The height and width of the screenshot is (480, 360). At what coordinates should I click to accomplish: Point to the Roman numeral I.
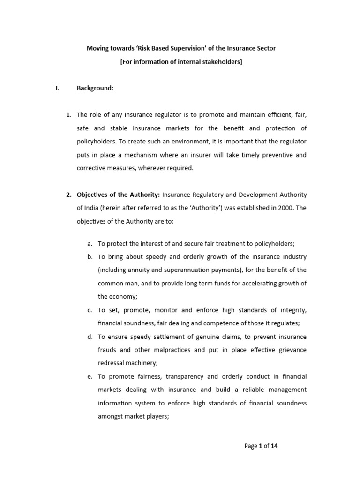tap(57, 88)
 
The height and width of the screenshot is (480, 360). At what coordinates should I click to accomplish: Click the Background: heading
tap(95, 88)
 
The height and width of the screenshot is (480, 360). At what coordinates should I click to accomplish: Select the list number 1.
tap(68, 115)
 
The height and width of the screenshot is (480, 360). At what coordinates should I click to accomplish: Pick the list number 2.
tap(68, 195)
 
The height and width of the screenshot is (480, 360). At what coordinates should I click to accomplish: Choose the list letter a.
tap(90, 244)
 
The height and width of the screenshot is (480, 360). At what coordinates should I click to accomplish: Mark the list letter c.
tap(90, 310)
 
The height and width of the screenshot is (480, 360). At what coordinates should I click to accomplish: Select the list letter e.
tap(90, 376)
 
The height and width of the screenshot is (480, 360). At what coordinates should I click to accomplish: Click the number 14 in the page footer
tap(274, 446)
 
